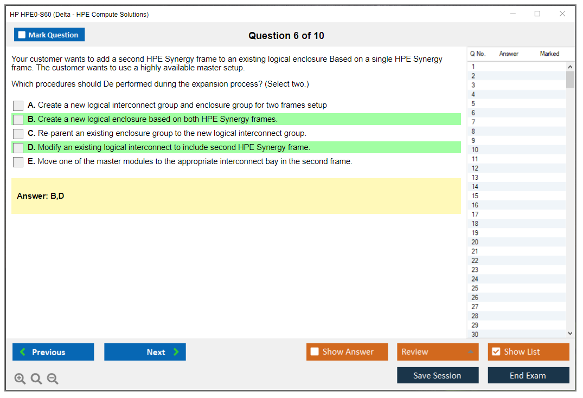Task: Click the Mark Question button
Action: click(x=49, y=35)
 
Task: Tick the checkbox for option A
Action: click(x=18, y=106)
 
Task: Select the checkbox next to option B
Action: click(x=18, y=120)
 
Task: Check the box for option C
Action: click(x=18, y=134)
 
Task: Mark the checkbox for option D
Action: click(x=18, y=148)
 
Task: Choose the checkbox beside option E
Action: click(x=18, y=162)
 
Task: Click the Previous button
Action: click(x=53, y=352)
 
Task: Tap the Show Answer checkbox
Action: click(x=315, y=351)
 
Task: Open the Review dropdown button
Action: click(x=438, y=352)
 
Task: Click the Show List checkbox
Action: click(x=496, y=351)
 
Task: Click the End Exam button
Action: click(x=528, y=375)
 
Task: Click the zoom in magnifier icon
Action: click(x=20, y=379)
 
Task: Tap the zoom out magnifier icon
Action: click(x=53, y=379)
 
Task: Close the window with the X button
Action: click(x=562, y=14)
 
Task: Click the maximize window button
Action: click(x=537, y=14)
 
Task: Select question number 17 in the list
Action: click(x=475, y=214)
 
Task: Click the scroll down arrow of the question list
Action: click(x=571, y=334)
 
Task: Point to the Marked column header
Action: click(x=549, y=54)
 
